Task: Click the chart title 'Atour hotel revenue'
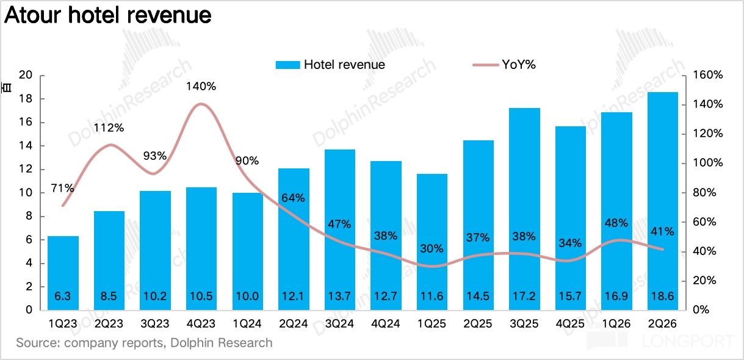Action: [x=108, y=15]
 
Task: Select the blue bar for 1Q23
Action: [x=63, y=273]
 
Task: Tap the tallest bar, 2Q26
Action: [x=663, y=201]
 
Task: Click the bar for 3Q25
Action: [x=524, y=209]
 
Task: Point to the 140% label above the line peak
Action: [x=201, y=87]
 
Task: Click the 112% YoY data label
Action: [x=109, y=128]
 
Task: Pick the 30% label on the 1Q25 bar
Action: [x=432, y=248]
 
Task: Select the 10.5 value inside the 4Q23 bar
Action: [x=201, y=296]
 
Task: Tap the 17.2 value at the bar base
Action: [x=524, y=296]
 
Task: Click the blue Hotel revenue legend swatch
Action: [x=287, y=65]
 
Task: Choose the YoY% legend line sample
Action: [x=486, y=65]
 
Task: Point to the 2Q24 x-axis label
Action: [x=294, y=323]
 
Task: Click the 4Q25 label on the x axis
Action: [x=570, y=323]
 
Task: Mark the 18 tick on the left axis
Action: [x=26, y=99]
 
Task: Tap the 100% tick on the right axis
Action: [x=708, y=163]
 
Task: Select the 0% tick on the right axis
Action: [x=701, y=310]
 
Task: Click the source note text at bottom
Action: [x=144, y=343]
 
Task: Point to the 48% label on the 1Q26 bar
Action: [x=616, y=223]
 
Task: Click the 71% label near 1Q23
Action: [x=62, y=189]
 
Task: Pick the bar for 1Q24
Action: [x=248, y=251]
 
